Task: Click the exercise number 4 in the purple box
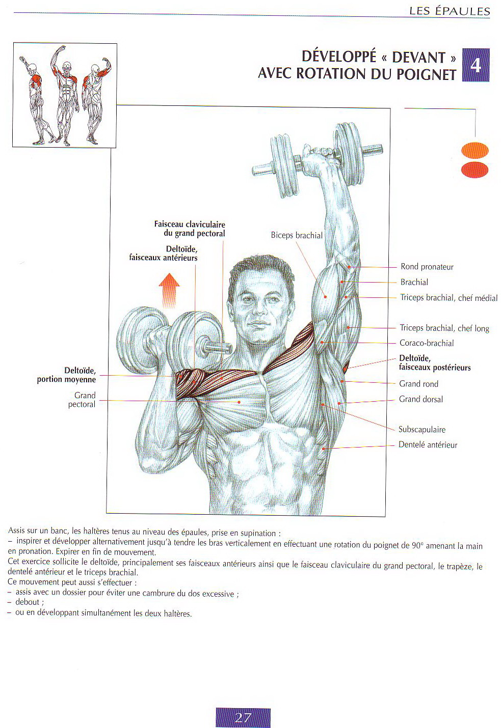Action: [x=476, y=65]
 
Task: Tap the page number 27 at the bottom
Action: [x=243, y=717]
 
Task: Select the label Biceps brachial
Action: [x=297, y=235]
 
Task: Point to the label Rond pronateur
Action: [x=427, y=267]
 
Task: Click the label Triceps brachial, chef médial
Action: [x=449, y=298]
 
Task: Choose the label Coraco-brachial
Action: [x=427, y=343]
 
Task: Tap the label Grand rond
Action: [x=418, y=384]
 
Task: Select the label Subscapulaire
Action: [x=422, y=430]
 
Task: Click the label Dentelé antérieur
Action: [x=428, y=445]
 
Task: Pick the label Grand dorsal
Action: [x=421, y=399]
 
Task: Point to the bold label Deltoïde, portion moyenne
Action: [x=66, y=375]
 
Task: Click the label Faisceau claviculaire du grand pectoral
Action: [x=190, y=229]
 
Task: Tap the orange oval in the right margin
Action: [x=474, y=151]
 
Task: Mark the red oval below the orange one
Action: [x=474, y=170]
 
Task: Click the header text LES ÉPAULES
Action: [x=450, y=11]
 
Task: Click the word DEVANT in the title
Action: [x=418, y=58]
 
